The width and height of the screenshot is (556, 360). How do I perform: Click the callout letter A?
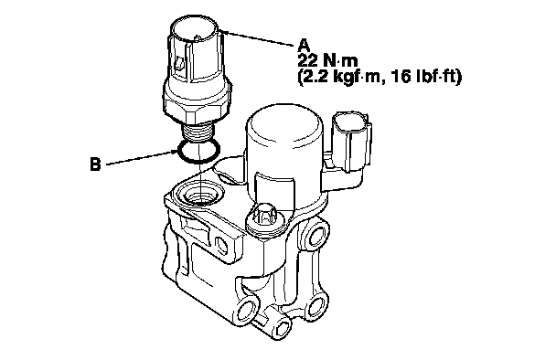[305, 46]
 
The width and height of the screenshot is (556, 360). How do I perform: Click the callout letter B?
[95, 164]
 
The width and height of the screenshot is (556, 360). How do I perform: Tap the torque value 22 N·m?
[327, 61]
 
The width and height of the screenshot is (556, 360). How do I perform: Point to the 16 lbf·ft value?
[424, 77]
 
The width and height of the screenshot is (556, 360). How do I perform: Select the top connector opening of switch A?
[194, 31]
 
